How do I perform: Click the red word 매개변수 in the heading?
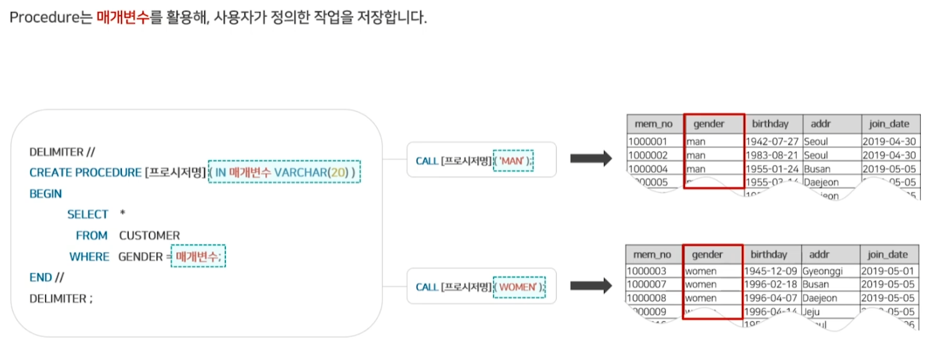click(x=122, y=17)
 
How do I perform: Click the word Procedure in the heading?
click(x=40, y=17)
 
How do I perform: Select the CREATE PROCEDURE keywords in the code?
click(x=85, y=172)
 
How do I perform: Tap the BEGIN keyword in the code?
click(x=46, y=194)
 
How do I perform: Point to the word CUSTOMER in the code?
click(x=149, y=235)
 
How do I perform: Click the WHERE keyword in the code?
click(x=89, y=256)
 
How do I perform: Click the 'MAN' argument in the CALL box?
click(x=512, y=160)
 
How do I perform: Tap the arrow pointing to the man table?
click(x=590, y=160)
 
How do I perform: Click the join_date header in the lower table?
click(x=888, y=255)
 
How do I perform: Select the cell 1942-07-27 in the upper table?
click(x=771, y=141)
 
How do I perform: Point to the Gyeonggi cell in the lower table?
click(x=822, y=270)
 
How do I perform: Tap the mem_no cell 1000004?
click(x=647, y=168)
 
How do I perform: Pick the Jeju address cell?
click(x=812, y=312)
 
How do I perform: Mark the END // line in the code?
click(x=46, y=277)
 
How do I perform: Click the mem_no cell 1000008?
click(x=647, y=298)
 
